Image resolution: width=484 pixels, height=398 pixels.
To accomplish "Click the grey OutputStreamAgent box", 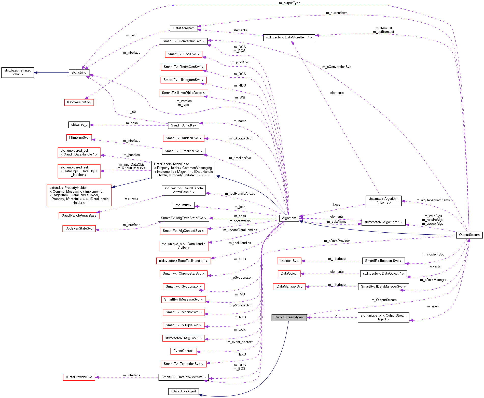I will (289, 317).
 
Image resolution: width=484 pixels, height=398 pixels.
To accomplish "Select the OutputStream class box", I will (469, 235).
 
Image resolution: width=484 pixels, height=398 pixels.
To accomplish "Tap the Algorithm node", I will (289, 218).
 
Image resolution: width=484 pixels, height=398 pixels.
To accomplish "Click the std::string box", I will (79, 73).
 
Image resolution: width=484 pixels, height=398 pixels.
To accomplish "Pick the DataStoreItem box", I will (183, 28).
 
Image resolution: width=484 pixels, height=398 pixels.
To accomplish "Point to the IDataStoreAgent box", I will (183, 391).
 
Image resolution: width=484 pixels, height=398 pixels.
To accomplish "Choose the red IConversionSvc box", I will (79, 102).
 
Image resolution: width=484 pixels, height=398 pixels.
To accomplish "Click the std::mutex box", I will (183, 205).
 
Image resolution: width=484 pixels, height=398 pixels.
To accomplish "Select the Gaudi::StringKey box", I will (183, 125).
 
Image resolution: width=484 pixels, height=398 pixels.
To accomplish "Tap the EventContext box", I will (183, 351).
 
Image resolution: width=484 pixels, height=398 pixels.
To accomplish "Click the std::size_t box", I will (79, 125).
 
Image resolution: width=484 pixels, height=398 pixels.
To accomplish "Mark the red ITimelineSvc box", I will (79, 138).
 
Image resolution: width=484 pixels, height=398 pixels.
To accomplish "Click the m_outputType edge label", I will (289, 3).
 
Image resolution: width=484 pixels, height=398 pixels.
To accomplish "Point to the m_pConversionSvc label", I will (337, 67).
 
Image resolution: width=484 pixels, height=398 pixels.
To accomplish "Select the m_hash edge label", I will (132, 123).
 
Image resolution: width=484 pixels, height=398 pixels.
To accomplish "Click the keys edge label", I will (337, 205).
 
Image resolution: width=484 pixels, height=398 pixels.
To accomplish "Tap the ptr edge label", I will (337, 316).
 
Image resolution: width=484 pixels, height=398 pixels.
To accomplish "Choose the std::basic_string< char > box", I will (18, 73).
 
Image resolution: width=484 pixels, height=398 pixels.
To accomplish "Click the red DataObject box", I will (289, 274).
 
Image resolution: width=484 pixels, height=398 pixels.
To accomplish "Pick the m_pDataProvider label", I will (337, 241).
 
